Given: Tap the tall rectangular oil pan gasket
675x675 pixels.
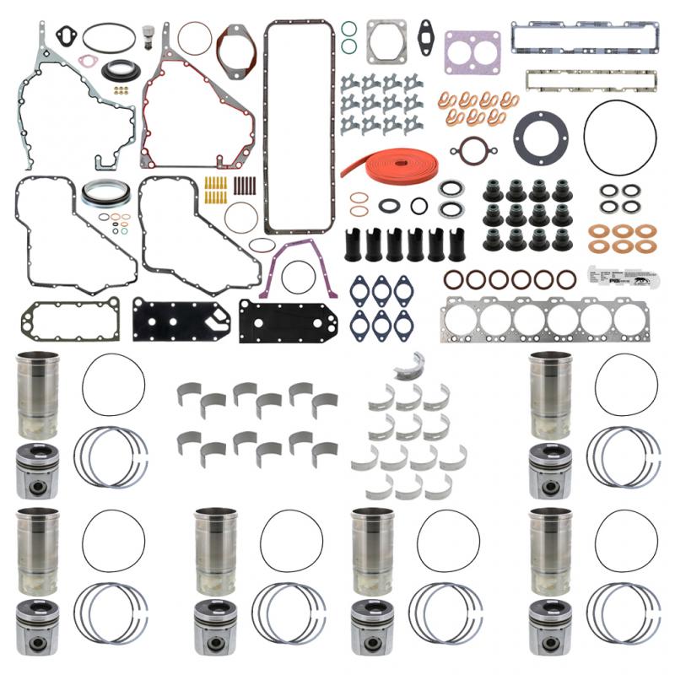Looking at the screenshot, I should pyautogui.click(x=300, y=127).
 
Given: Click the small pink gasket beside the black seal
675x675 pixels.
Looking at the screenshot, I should pyautogui.click(x=88, y=61).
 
